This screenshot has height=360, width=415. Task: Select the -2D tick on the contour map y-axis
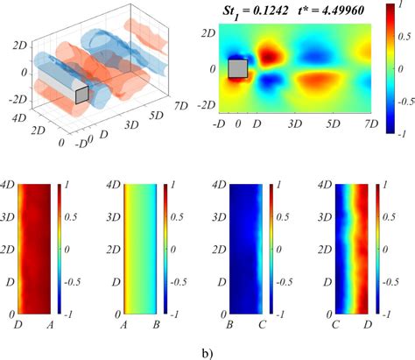tap(207, 105)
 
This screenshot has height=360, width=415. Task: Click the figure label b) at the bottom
tap(206, 351)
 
